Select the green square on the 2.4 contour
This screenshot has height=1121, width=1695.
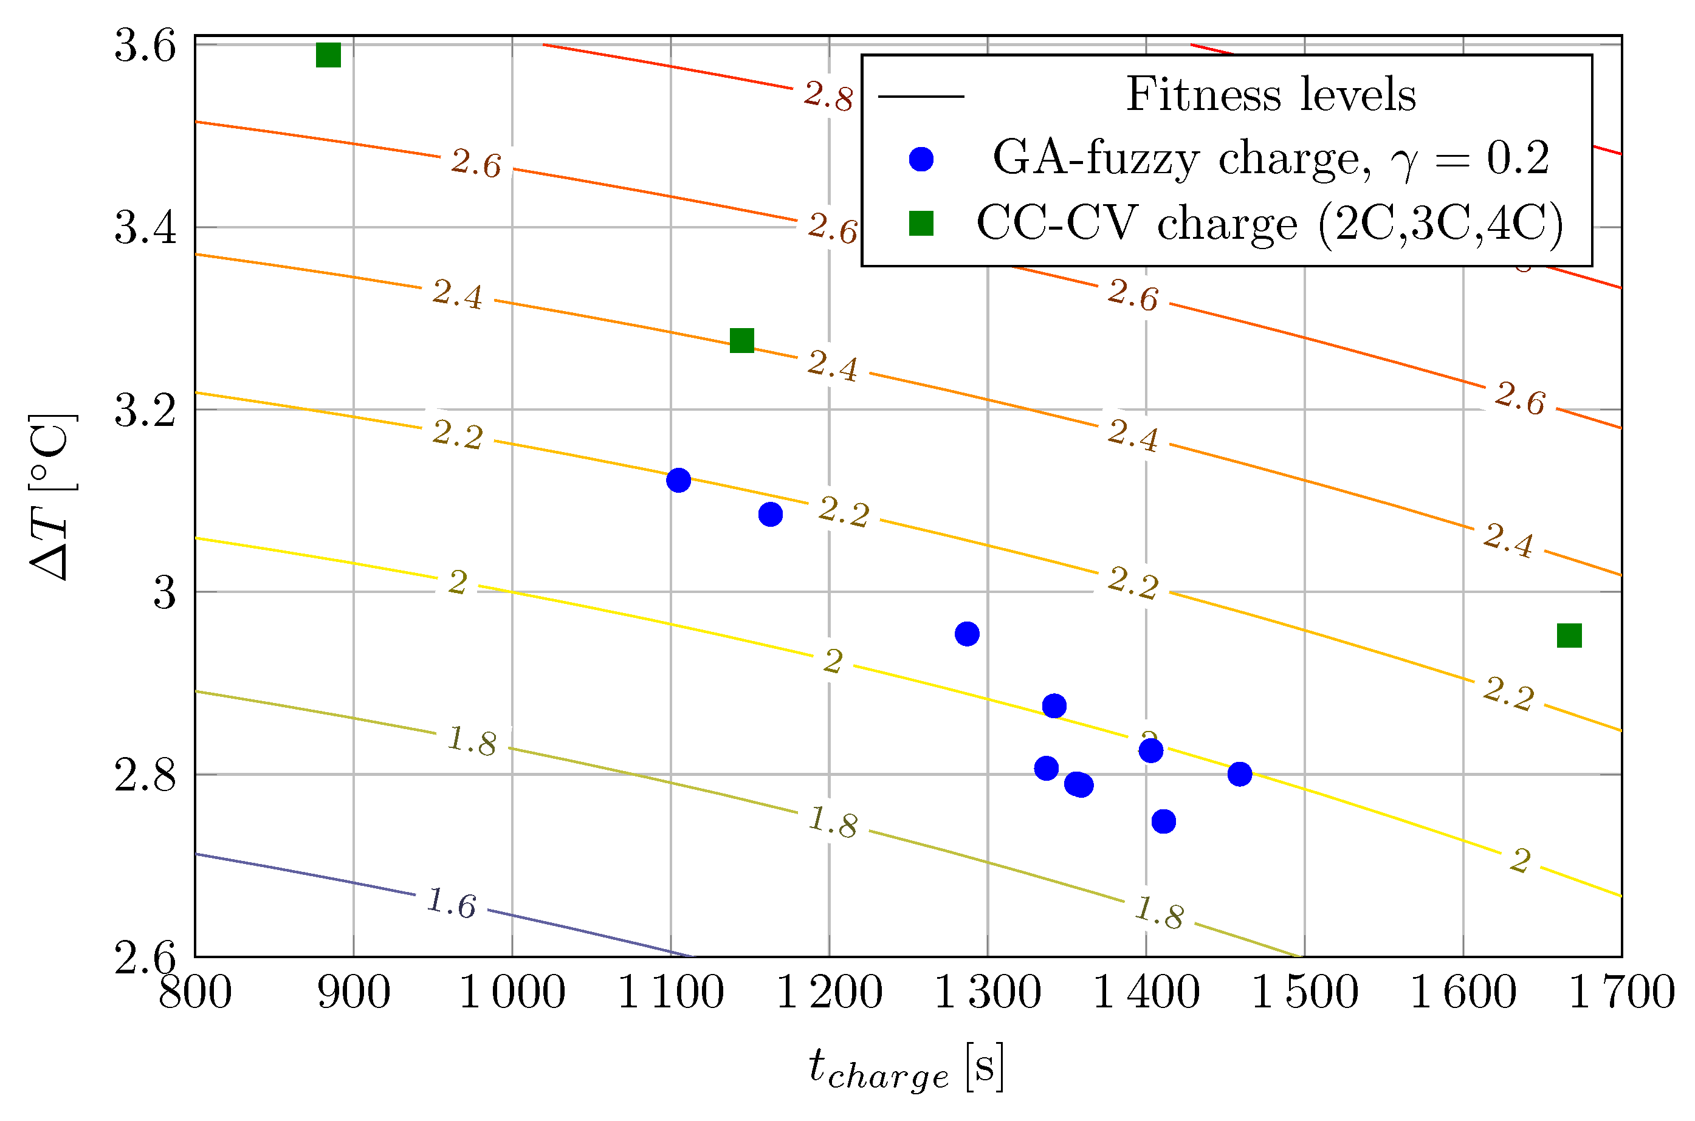tap(742, 340)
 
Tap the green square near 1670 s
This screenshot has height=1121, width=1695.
tap(1569, 636)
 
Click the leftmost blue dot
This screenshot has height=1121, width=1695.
tap(678, 481)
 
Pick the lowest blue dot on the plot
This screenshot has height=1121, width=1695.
tap(1164, 821)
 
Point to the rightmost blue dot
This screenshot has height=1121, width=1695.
tap(1240, 774)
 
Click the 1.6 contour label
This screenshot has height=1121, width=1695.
tap(451, 903)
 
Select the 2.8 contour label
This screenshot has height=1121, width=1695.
tap(828, 96)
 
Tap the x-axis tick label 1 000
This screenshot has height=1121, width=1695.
tap(512, 993)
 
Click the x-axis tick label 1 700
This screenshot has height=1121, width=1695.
tap(1621, 993)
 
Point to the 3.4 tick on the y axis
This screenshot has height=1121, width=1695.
tap(145, 228)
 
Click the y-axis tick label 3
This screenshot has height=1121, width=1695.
tap(165, 592)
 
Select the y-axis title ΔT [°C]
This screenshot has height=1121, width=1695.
tap(52, 497)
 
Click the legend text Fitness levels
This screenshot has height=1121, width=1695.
tap(1270, 95)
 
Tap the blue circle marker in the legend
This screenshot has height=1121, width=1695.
tap(921, 159)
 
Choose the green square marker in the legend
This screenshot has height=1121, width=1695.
tap(921, 224)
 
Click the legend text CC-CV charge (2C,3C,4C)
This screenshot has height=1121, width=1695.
tap(1270, 224)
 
